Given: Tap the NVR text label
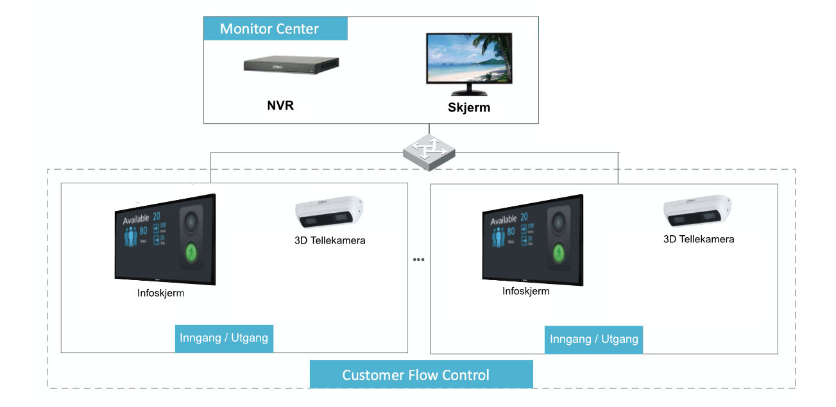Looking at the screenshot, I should pyautogui.click(x=280, y=105).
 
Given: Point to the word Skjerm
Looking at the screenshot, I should pyautogui.click(x=468, y=107).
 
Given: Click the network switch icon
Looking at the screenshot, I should pyautogui.click(x=429, y=151).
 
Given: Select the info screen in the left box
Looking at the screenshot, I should pyautogui.click(x=164, y=239).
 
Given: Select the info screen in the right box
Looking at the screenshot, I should pyautogui.click(x=532, y=238).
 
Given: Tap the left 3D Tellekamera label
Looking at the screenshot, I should pyautogui.click(x=330, y=241).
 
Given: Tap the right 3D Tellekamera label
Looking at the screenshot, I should pyautogui.click(x=699, y=239).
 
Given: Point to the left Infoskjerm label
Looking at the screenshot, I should pyautogui.click(x=161, y=294).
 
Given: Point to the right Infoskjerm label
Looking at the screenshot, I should pyautogui.click(x=525, y=291).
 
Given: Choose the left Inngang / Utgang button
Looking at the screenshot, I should pyautogui.click(x=224, y=338).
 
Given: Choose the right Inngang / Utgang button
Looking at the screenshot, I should pyautogui.click(x=593, y=339).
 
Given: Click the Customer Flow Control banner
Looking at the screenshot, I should pyautogui.click(x=421, y=374).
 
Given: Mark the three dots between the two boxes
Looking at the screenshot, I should pyautogui.click(x=419, y=260).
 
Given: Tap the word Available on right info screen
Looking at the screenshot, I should pyautogui.click(x=504, y=220).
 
